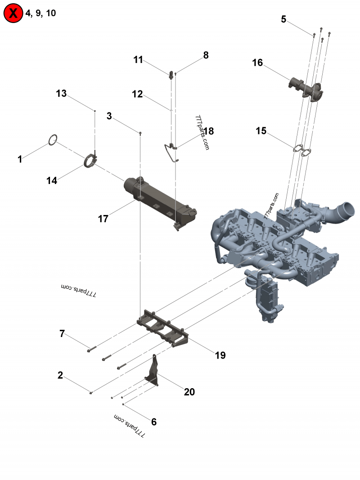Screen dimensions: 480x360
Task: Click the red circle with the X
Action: pyautogui.click(x=13, y=13)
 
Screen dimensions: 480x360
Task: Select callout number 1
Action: pyautogui.click(x=19, y=159)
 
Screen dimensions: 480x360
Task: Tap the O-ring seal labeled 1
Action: pyautogui.click(x=53, y=140)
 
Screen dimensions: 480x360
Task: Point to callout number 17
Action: pyautogui.click(x=103, y=219)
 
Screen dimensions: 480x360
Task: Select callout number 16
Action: pyautogui.click(x=257, y=63)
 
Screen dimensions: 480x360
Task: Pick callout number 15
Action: pyautogui.click(x=261, y=131)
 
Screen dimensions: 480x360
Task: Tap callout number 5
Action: pyautogui.click(x=283, y=19)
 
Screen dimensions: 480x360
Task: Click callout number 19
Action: pyautogui.click(x=220, y=355)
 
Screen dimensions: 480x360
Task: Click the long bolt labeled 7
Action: pyautogui.click(x=92, y=347)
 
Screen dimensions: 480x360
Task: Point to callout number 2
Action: pyautogui.click(x=60, y=375)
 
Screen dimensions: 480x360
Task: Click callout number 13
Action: pyautogui.click(x=61, y=94)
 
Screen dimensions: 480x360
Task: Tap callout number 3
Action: pyautogui.click(x=109, y=116)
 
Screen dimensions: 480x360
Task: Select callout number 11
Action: pyautogui.click(x=138, y=60)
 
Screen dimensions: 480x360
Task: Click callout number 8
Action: pyautogui.click(x=206, y=55)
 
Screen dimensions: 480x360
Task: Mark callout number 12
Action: pyautogui.click(x=137, y=94)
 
